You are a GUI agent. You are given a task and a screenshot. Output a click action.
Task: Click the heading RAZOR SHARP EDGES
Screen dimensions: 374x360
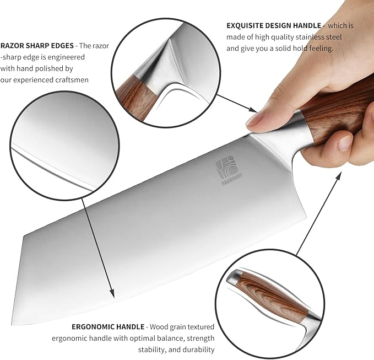[x=37, y=45]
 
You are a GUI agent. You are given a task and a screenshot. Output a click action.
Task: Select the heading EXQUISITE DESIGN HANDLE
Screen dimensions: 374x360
[x=274, y=25]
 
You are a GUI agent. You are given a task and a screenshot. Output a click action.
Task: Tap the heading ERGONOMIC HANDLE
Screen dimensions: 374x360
[x=108, y=326]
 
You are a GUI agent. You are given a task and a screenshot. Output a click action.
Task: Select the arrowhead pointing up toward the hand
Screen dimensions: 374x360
[x=338, y=175]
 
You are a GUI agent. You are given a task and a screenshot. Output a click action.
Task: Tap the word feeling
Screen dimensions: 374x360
[x=321, y=49]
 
